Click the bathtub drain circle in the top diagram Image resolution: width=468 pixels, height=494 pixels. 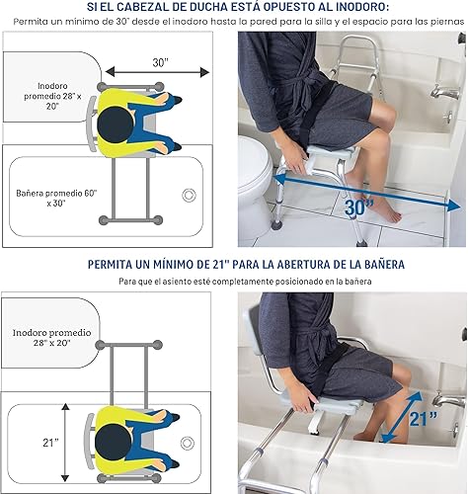189,195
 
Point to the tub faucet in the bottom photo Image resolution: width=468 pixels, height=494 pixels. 449,400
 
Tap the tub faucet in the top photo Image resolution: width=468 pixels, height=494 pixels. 447,91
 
